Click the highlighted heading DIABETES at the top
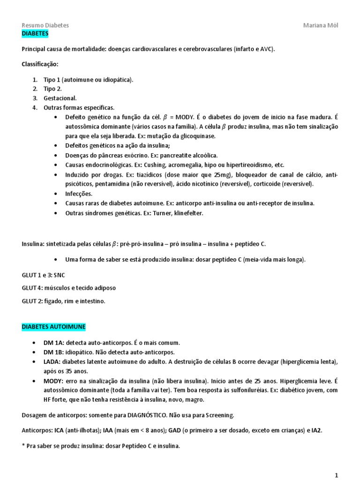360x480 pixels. [35, 34]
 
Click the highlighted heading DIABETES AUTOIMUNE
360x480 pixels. [53, 326]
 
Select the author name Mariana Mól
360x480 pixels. [321, 25]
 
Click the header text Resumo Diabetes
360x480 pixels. [45, 25]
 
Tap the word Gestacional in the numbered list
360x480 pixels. [60, 98]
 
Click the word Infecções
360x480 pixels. [79, 194]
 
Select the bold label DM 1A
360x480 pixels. [53, 342]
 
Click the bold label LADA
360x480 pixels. [52, 361]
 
